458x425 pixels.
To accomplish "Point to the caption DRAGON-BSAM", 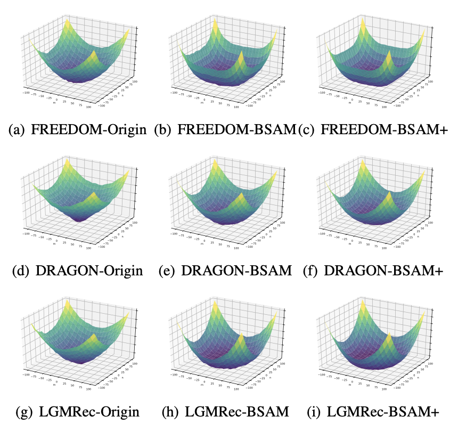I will pos(236,271).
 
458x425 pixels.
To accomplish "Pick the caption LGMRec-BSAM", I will pos(236,412).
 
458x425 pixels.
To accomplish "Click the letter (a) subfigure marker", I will pos(20,129).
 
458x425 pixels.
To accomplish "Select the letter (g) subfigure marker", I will pos(20,412).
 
